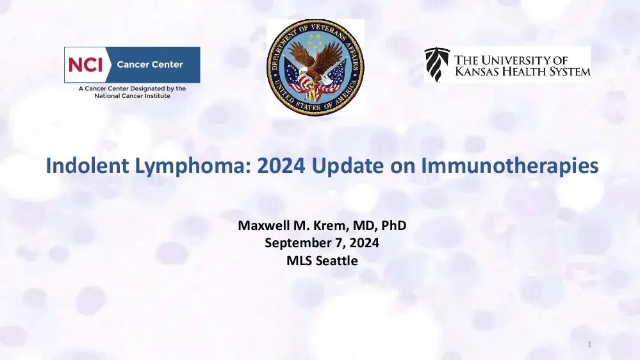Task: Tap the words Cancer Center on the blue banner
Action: coord(149,65)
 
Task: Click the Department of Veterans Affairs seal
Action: coord(315,67)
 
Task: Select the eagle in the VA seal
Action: coord(315,64)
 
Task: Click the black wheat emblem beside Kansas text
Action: coord(438,65)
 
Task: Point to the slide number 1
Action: coord(589,346)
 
